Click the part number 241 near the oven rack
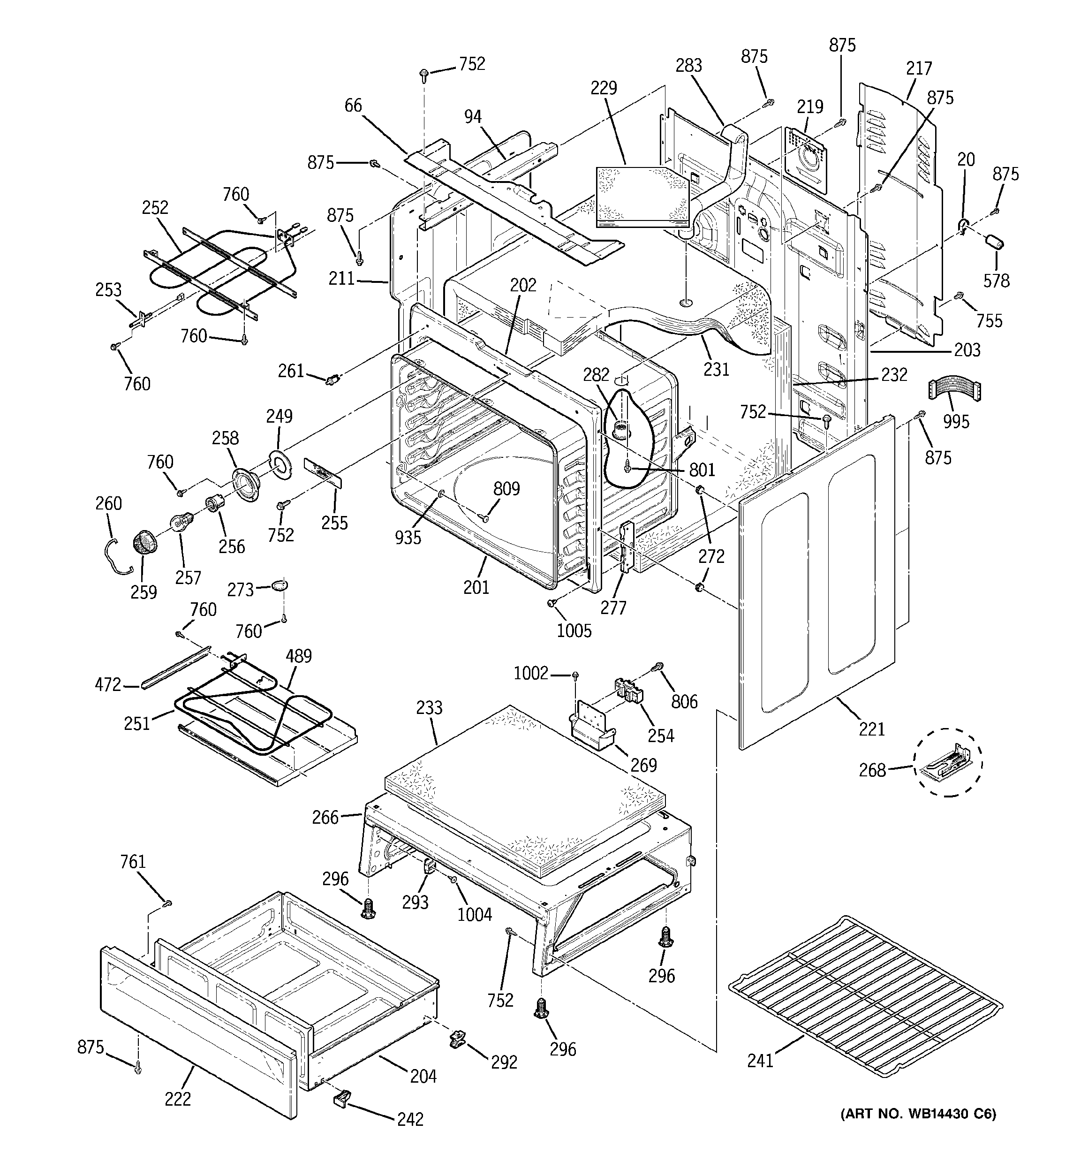tap(760, 1060)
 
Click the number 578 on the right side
tap(996, 281)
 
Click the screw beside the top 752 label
tap(424, 74)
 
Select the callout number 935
tap(407, 537)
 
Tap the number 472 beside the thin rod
tap(107, 684)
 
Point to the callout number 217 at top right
tap(918, 68)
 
